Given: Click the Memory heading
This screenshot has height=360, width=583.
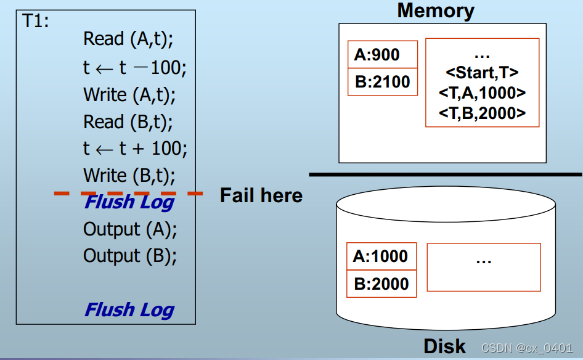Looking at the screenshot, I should click(436, 10).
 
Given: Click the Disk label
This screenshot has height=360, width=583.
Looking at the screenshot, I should click(444, 346).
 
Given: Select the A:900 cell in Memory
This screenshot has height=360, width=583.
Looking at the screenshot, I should click(377, 55).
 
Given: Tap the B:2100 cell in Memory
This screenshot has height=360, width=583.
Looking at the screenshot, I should click(382, 82).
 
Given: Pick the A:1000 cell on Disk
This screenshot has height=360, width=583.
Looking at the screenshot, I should click(380, 256).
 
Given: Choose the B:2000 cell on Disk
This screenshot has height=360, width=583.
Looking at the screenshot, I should click(381, 284).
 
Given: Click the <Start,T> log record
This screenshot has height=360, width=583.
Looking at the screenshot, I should click(482, 73).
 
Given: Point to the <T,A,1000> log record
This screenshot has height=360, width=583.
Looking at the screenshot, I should click(482, 92).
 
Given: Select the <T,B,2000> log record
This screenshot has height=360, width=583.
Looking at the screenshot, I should click(482, 113).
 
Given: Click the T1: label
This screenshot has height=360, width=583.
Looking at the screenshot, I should click(36, 21).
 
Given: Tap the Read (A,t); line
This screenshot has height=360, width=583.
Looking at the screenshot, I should click(129, 39).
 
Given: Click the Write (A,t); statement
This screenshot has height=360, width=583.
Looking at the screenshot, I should click(130, 94).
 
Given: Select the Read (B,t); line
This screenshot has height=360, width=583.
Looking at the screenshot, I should click(129, 121).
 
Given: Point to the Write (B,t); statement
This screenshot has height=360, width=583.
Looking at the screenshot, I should click(129, 176).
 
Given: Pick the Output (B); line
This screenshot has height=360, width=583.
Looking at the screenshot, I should click(130, 255).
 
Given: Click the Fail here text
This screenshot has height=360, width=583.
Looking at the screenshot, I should click(261, 195).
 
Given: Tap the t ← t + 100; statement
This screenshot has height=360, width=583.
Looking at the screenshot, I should click(135, 149).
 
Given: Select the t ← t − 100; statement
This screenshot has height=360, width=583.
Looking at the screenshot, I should click(135, 67).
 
